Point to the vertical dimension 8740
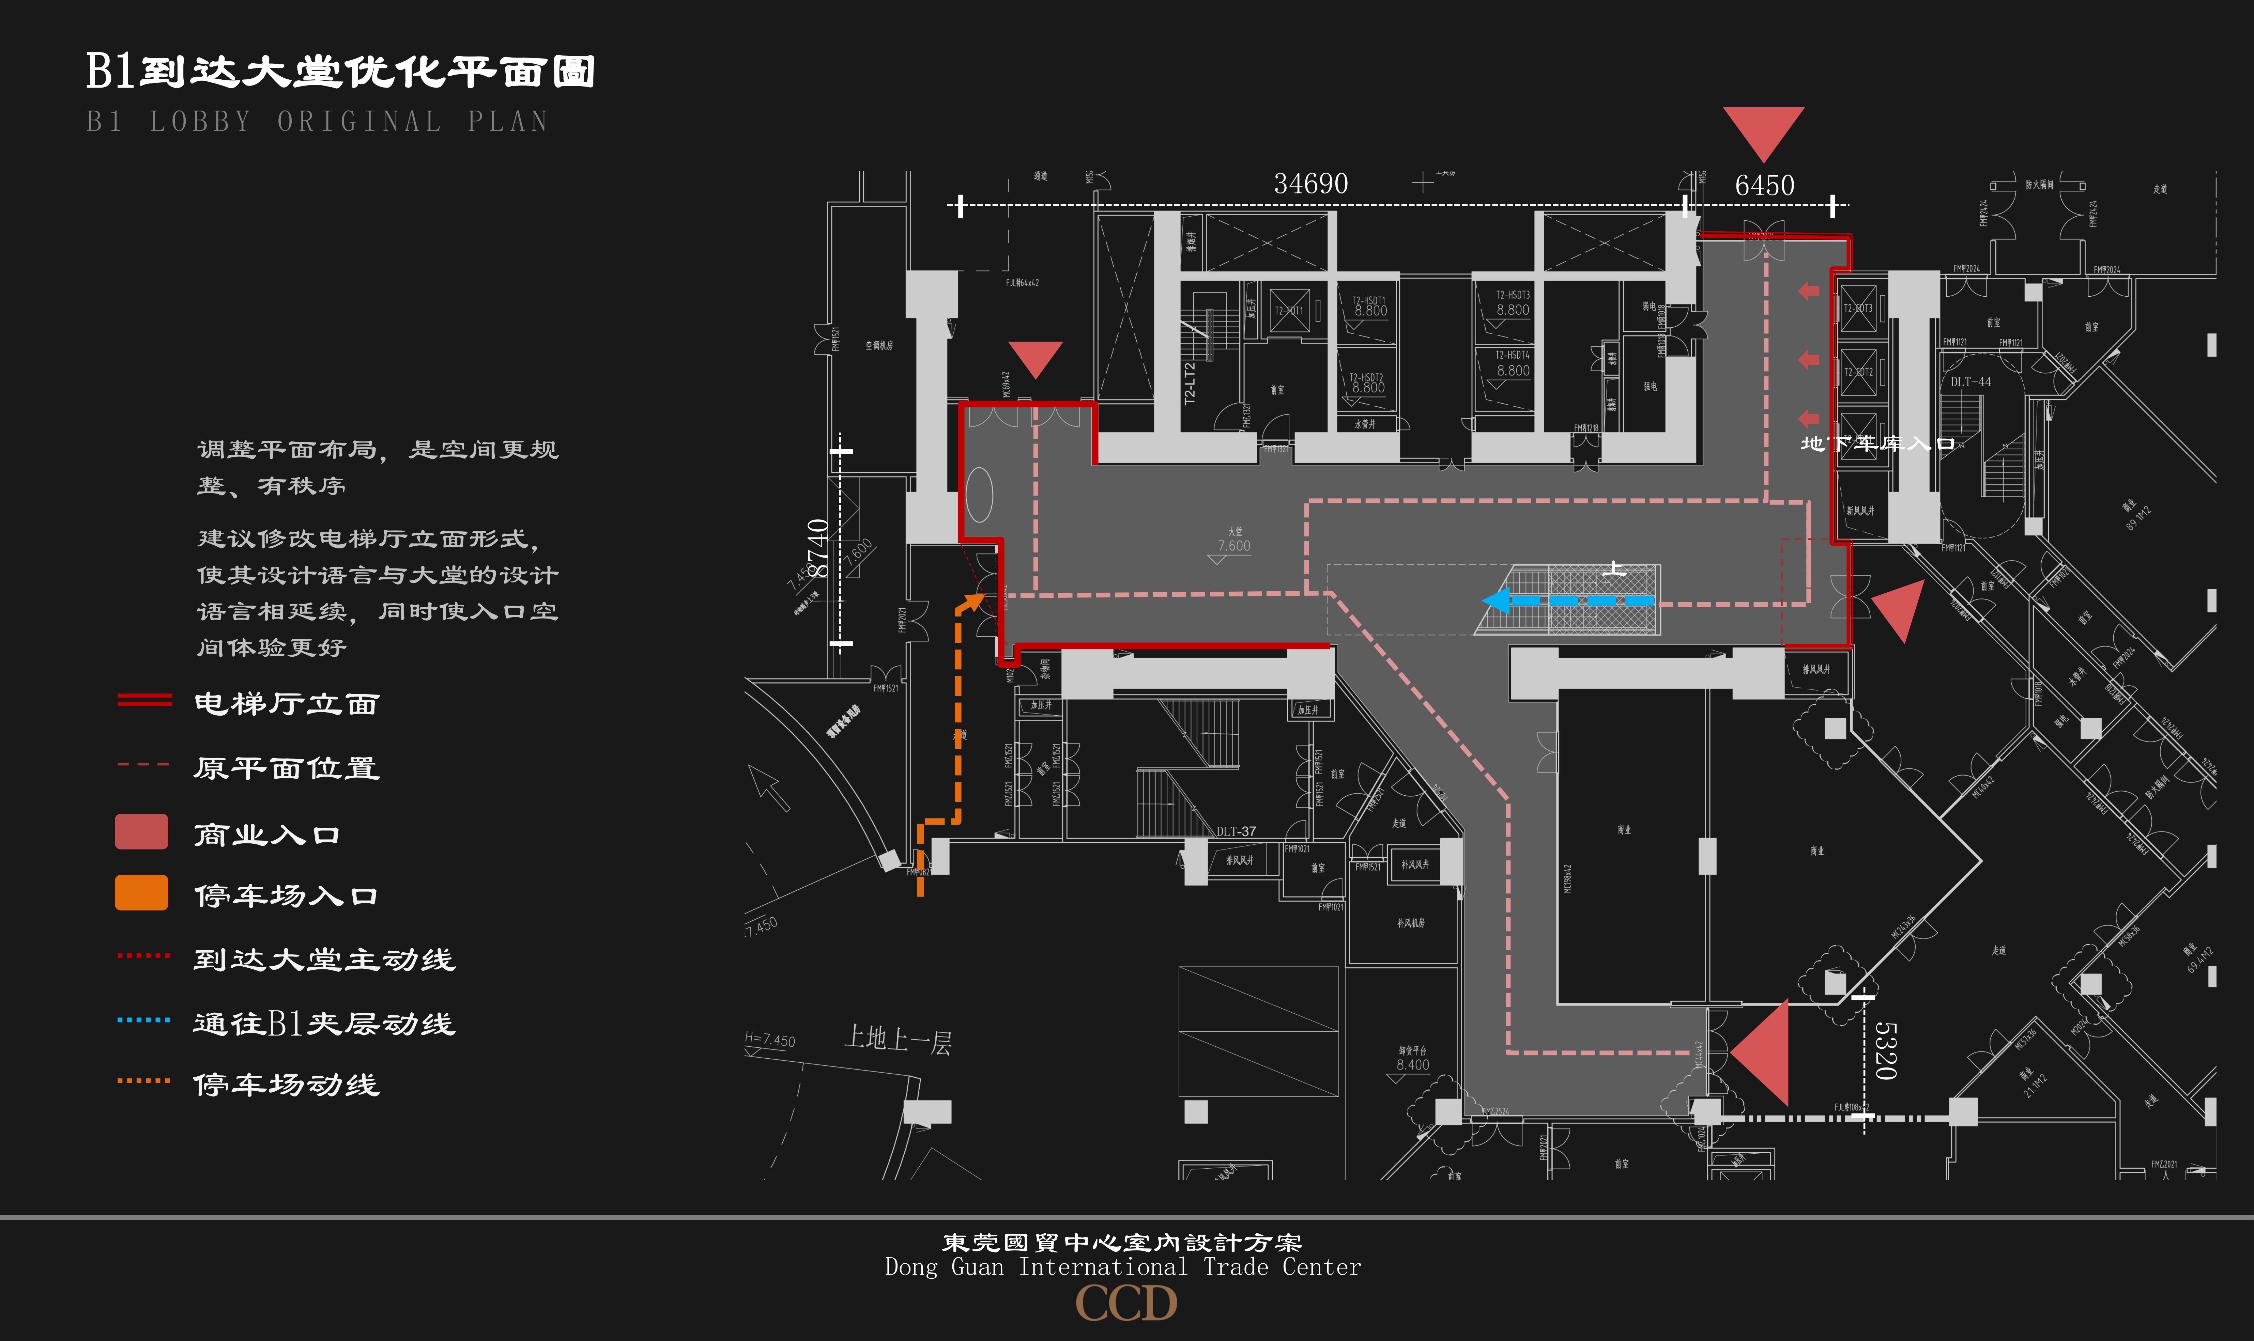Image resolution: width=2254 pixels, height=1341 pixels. [x=818, y=548]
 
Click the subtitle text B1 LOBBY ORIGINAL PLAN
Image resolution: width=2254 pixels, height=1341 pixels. [x=317, y=121]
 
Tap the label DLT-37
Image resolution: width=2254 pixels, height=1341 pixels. [x=1236, y=831]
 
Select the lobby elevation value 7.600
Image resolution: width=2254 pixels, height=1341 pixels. [x=1233, y=546]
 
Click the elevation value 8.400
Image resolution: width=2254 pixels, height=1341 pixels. [x=1413, y=1064]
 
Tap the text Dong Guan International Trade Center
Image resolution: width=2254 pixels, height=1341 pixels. [x=1122, y=1267]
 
